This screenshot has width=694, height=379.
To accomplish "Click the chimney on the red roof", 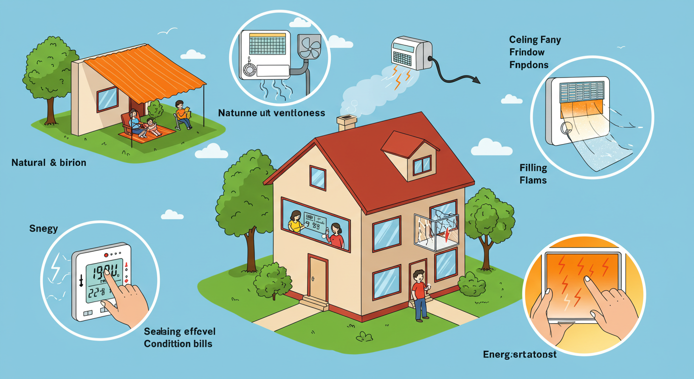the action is [347, 122].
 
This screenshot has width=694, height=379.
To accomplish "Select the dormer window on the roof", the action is [421, 165].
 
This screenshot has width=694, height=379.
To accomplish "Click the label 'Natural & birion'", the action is [48, 162].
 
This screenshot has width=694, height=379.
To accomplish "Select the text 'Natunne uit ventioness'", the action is [272, 113].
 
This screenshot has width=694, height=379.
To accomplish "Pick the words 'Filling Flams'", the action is [533, 174].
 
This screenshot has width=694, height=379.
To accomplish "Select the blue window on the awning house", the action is [107, 99].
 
